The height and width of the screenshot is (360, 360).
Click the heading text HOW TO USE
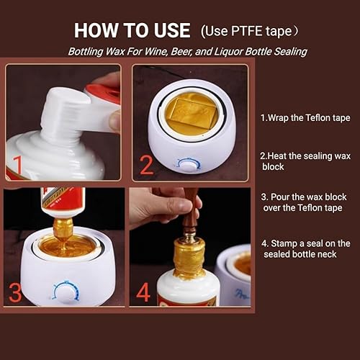[x=132, y=31]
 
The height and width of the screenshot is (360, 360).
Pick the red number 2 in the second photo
[x=146, y=165]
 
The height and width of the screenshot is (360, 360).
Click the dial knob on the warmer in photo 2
[x=189, y=164]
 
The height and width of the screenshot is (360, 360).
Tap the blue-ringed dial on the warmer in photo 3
[x=66, y=292]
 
